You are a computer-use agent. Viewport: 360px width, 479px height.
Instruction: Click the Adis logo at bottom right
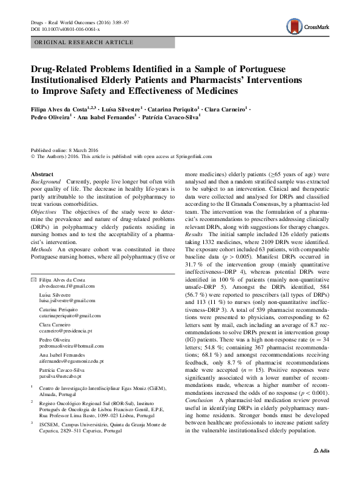[x=321, y=467]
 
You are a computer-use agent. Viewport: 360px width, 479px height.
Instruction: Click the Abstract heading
[x=42, y=174]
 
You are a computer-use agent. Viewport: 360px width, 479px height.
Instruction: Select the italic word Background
[x=46, y=182]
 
